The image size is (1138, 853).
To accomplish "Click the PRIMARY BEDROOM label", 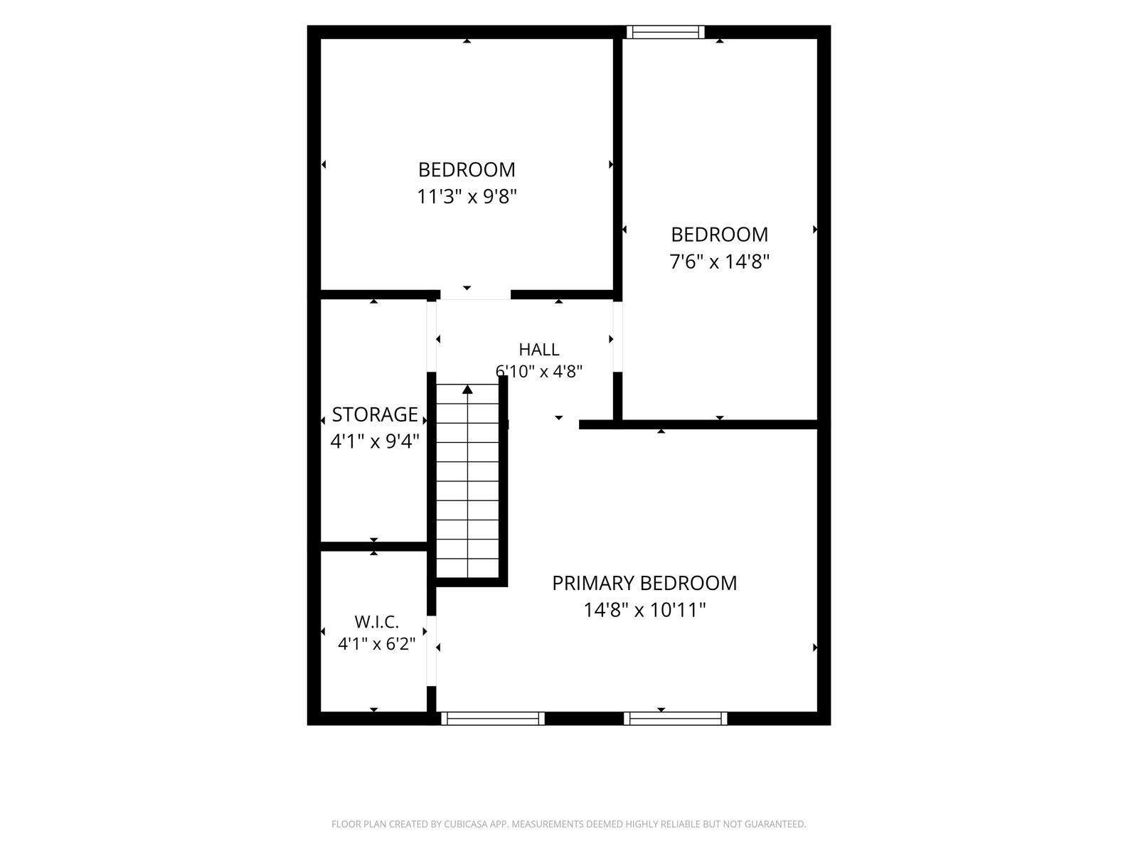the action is point(644,584).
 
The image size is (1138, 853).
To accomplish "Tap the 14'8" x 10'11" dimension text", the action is point(644,610).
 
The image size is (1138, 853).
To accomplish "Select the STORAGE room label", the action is point(374,415).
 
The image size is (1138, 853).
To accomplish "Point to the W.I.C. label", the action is point(376,621).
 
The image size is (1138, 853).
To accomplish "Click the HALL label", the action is point(538,350).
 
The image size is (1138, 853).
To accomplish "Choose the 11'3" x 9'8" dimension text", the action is point(467,197).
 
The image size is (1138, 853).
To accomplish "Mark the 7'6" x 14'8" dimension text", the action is point(720,262).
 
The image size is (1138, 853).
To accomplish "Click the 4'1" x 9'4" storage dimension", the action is point(375,441).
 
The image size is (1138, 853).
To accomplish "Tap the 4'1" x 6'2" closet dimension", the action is point(376,644).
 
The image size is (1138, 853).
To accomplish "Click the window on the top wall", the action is point(666,32).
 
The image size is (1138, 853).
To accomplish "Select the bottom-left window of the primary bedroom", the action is point(493,719).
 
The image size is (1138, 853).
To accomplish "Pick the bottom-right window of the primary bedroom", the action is point(676,719).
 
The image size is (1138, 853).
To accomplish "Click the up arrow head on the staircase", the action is point(467,389).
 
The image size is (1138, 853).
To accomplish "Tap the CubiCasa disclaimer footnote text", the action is point(569,824).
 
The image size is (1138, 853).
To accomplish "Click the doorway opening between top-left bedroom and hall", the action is point(475,295).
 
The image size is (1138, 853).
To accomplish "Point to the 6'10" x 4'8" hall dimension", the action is point(539,371).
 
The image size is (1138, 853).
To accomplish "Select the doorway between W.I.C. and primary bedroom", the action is point(431,651).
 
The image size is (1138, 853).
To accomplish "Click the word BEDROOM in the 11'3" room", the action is point(467,170).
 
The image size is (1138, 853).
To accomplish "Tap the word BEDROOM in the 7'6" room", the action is point(720,235).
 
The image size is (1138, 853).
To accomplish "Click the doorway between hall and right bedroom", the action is point(617,337).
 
